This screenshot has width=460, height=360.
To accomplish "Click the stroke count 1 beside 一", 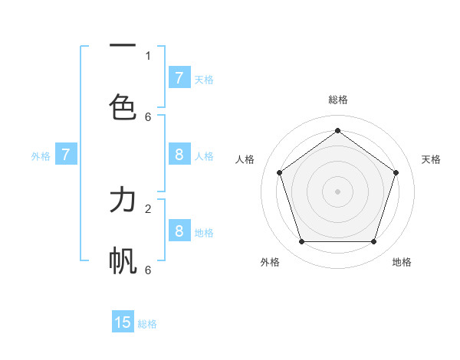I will [148, 55].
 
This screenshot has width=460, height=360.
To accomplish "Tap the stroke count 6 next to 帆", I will [148, 270].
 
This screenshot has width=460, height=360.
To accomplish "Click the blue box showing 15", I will [123, 322].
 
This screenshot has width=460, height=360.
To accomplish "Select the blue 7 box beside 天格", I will [179, 78].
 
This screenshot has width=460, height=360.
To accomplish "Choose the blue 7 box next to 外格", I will [66, 155].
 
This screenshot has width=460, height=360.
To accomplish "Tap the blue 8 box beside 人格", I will [179, 155].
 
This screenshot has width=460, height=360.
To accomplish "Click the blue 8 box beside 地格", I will [179, 231].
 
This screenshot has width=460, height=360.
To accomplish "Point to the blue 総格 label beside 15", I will [147, 324].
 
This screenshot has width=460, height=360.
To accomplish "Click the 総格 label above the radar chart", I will [337, 100].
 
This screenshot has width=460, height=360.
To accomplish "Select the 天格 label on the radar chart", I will [431, 159].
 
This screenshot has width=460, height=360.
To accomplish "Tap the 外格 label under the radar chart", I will [270, 262].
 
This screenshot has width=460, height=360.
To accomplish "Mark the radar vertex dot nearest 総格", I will [337, 131].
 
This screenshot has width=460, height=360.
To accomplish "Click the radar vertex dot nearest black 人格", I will [279, 172].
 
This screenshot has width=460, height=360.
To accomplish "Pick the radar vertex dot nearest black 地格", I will [373, 241].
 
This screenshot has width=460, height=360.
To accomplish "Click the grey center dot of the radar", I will [337, 191].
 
